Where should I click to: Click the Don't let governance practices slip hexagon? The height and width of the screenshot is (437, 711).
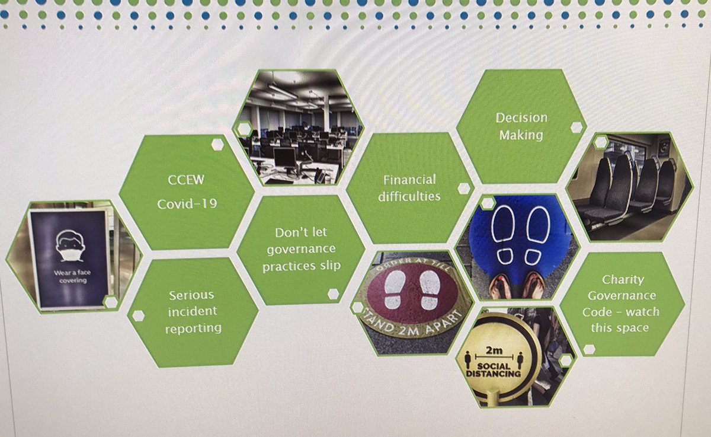301,249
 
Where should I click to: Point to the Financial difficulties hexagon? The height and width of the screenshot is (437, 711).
409,187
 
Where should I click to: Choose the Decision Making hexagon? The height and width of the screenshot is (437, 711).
521,126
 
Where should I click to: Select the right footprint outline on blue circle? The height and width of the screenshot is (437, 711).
538,232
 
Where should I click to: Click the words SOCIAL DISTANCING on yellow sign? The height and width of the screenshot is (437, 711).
493,370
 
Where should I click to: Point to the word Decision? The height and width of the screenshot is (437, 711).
521,117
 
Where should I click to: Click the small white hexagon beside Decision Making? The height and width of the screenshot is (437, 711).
575,126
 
